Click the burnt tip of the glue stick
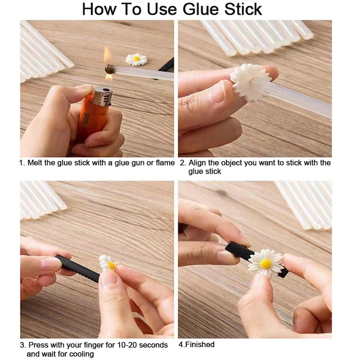(x=109, y=69)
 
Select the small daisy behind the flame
(x=136, y=59)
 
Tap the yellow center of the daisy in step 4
(x=266, y=263)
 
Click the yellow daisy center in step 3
(x=111, y=266)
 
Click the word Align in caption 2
(x=197, y=162)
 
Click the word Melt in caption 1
(x=35, y=162)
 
